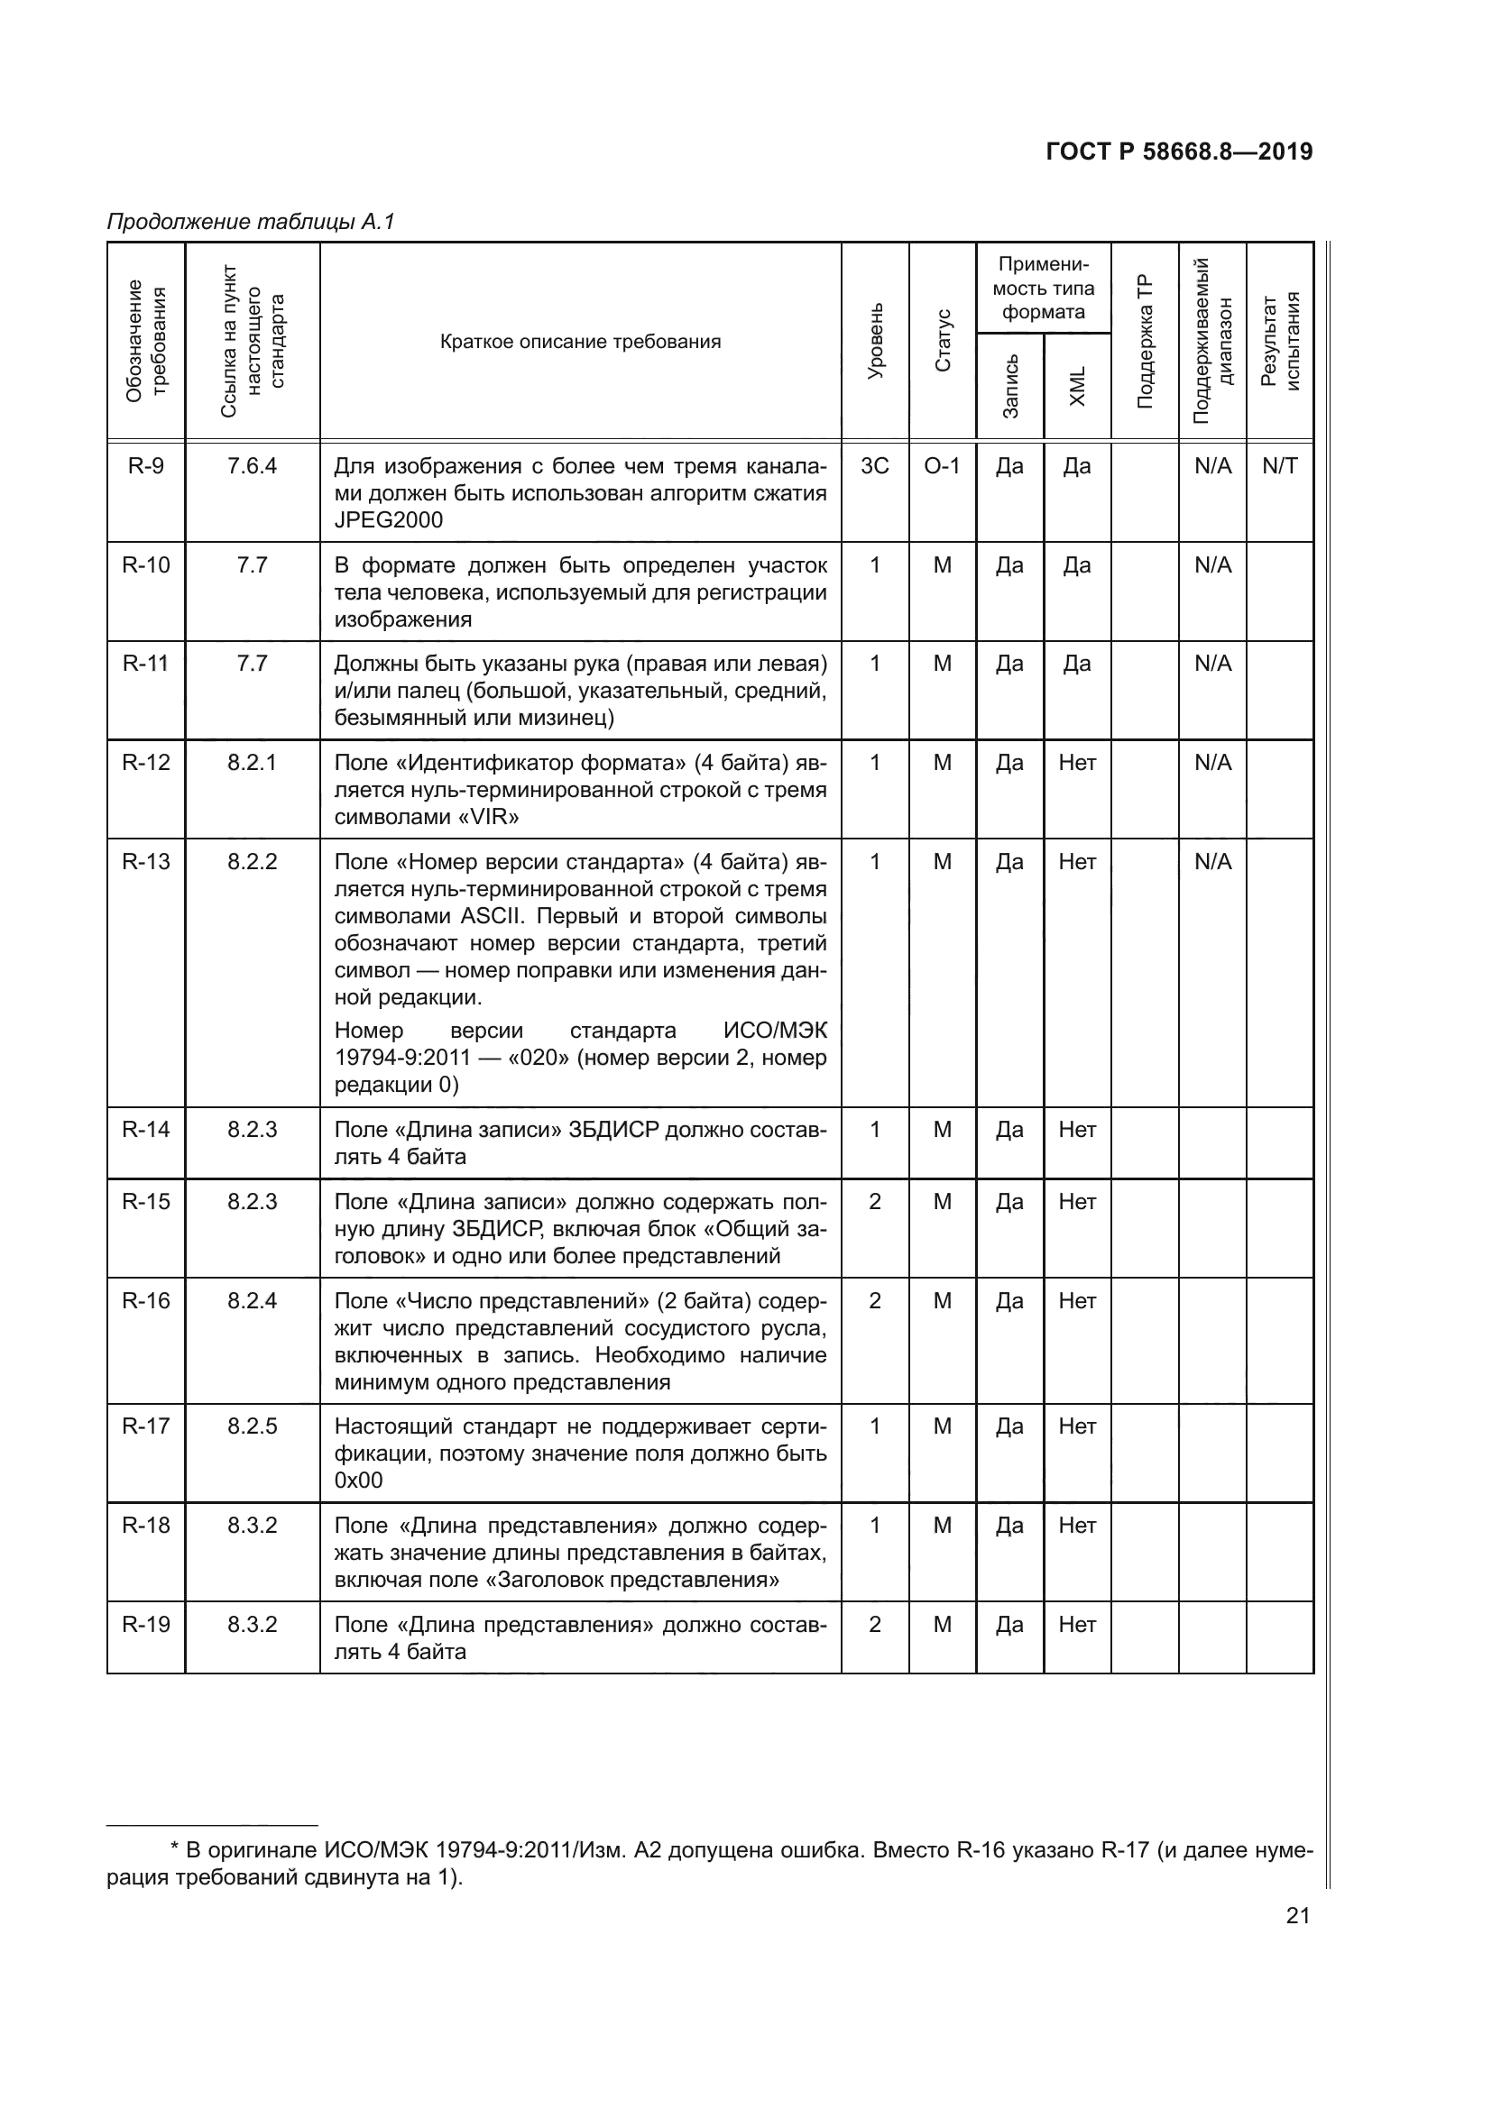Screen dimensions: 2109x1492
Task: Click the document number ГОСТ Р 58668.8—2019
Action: coord(1179,152)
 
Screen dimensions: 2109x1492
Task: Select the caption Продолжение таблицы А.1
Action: coord(250,222)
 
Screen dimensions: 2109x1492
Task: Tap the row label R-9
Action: coord(146,465)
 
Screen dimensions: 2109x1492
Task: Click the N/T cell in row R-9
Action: coord(1280,465)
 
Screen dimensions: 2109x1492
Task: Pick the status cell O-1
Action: coord(942,465)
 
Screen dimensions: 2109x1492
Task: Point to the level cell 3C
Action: coord(875,465)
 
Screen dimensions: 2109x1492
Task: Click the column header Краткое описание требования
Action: coord(581,342)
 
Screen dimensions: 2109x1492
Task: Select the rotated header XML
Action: coord(1078,386)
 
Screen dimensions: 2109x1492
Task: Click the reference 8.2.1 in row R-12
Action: coord(252,763)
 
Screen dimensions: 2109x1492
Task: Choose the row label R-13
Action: coord(146,862)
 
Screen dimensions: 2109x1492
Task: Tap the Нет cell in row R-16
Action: coord(1077,1301)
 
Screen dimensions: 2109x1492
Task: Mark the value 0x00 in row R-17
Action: coord(358,1480)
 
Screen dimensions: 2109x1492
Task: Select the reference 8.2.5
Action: coord(252,1426)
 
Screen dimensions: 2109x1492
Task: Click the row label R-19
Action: coord(146,1624)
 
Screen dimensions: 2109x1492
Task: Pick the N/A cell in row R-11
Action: coord(1211,664)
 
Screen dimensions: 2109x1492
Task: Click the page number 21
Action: coord(1297,1915)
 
